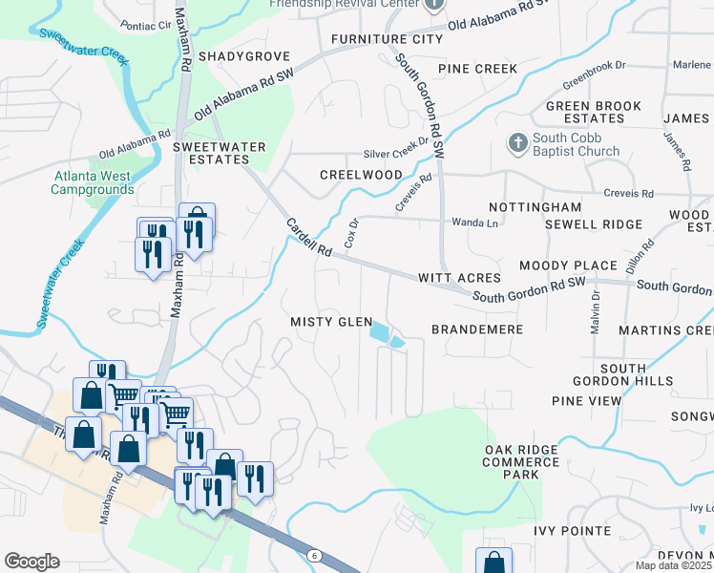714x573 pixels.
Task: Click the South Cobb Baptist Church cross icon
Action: click(517, 143)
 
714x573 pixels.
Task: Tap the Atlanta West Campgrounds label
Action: click(94, 182)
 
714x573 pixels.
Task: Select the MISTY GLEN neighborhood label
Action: click(331, 322)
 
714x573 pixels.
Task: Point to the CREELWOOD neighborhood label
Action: click(361, 175)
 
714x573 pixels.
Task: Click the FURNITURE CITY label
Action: click(387, 39)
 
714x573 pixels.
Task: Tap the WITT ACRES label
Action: click(459, 277)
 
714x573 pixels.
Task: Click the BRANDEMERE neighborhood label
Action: click(477, 329)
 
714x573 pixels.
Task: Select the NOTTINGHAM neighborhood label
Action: click(535, 207)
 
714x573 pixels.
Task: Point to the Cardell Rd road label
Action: click(308, 237)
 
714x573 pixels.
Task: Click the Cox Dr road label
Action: click(350, 233)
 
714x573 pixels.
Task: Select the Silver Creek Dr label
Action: click(397, 153)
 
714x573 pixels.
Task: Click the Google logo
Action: click(31, 562)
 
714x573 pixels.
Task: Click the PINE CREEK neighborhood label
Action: click(477, 69)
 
